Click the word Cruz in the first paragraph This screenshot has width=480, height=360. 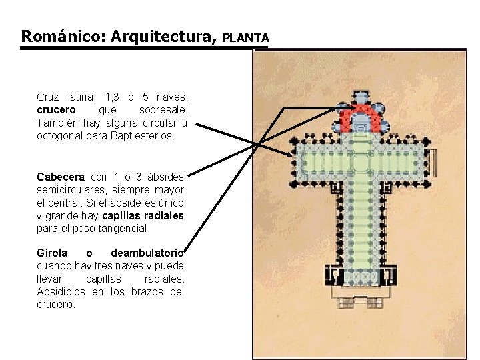click(x=47, y=96)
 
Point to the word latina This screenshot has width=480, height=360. click(x=82, y=96)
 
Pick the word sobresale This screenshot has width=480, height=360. click(x=163, y=109)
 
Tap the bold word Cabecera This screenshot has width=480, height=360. click(x=61, y=177)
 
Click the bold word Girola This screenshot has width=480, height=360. click(x=52, y=253)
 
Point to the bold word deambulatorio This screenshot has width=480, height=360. click(x=147, y=253)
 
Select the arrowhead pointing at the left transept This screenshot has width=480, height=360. click(x=291, y=155)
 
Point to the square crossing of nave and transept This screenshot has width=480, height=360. click(x=360, y=159)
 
